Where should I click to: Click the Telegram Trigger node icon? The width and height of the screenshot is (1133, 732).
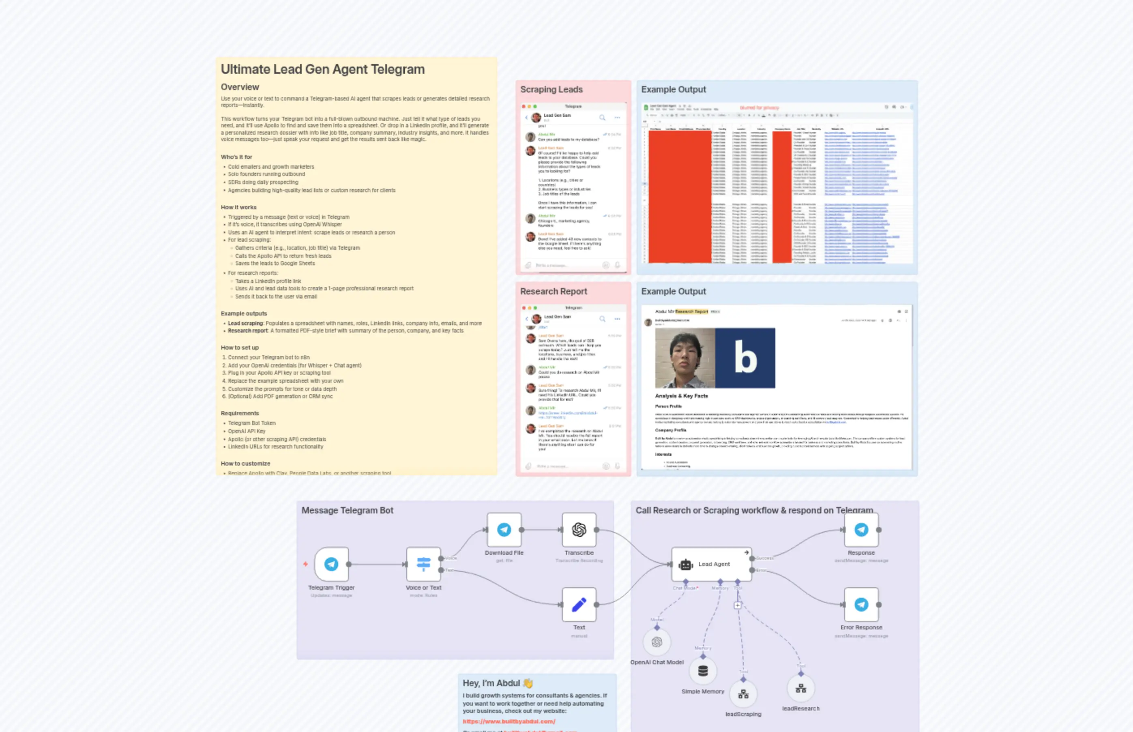[x=331, y=564]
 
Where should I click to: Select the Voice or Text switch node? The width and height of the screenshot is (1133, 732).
[x=423, y=564]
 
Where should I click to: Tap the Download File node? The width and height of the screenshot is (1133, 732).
[x=504, y=530]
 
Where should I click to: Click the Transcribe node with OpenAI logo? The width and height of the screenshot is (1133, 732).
[x=579, y=530]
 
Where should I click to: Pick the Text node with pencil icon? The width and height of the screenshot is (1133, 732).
[x=579, y=605]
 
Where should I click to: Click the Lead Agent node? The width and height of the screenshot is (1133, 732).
[x=711, y=564]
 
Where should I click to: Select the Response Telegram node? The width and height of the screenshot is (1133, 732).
[x=861, y=530]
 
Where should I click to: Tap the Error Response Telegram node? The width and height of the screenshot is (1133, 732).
[x=861, y=605]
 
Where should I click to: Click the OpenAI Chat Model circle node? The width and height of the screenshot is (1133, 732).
[x=657, y=642]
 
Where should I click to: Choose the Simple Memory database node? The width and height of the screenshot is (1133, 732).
[x=703, y=671]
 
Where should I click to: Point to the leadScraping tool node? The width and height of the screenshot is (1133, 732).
[x=743, y=694]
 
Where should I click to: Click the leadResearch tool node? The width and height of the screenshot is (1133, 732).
[x=801, y=688]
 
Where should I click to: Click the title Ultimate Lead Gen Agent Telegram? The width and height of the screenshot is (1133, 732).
[x=323, y=69]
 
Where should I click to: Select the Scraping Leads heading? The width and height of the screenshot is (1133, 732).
[x=551, y=89]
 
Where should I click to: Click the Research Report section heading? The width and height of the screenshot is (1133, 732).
[x=554, y=291]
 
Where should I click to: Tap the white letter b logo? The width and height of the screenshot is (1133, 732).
[x=745, y=358]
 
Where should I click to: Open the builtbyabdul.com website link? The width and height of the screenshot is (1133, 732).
[x=509, y=721]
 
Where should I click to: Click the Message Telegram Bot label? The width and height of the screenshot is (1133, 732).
[x=348, y=511]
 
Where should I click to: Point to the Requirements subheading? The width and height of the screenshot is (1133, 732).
[x=240, y=414]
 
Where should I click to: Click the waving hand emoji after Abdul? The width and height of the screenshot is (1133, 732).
[x=528, y=683]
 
